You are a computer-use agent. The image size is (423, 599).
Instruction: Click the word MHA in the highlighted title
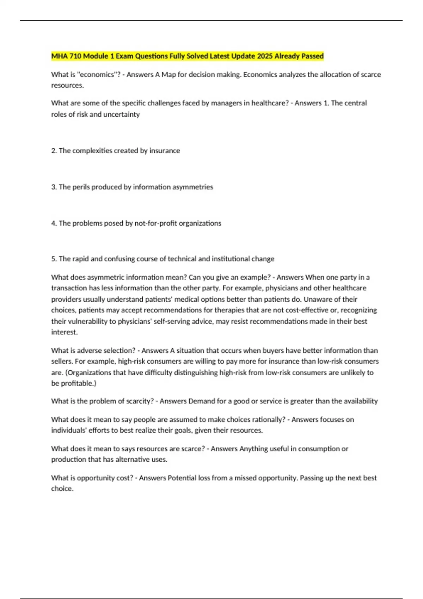59,56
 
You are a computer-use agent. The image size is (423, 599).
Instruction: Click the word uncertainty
122,115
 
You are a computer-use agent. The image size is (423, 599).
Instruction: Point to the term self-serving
172,321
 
